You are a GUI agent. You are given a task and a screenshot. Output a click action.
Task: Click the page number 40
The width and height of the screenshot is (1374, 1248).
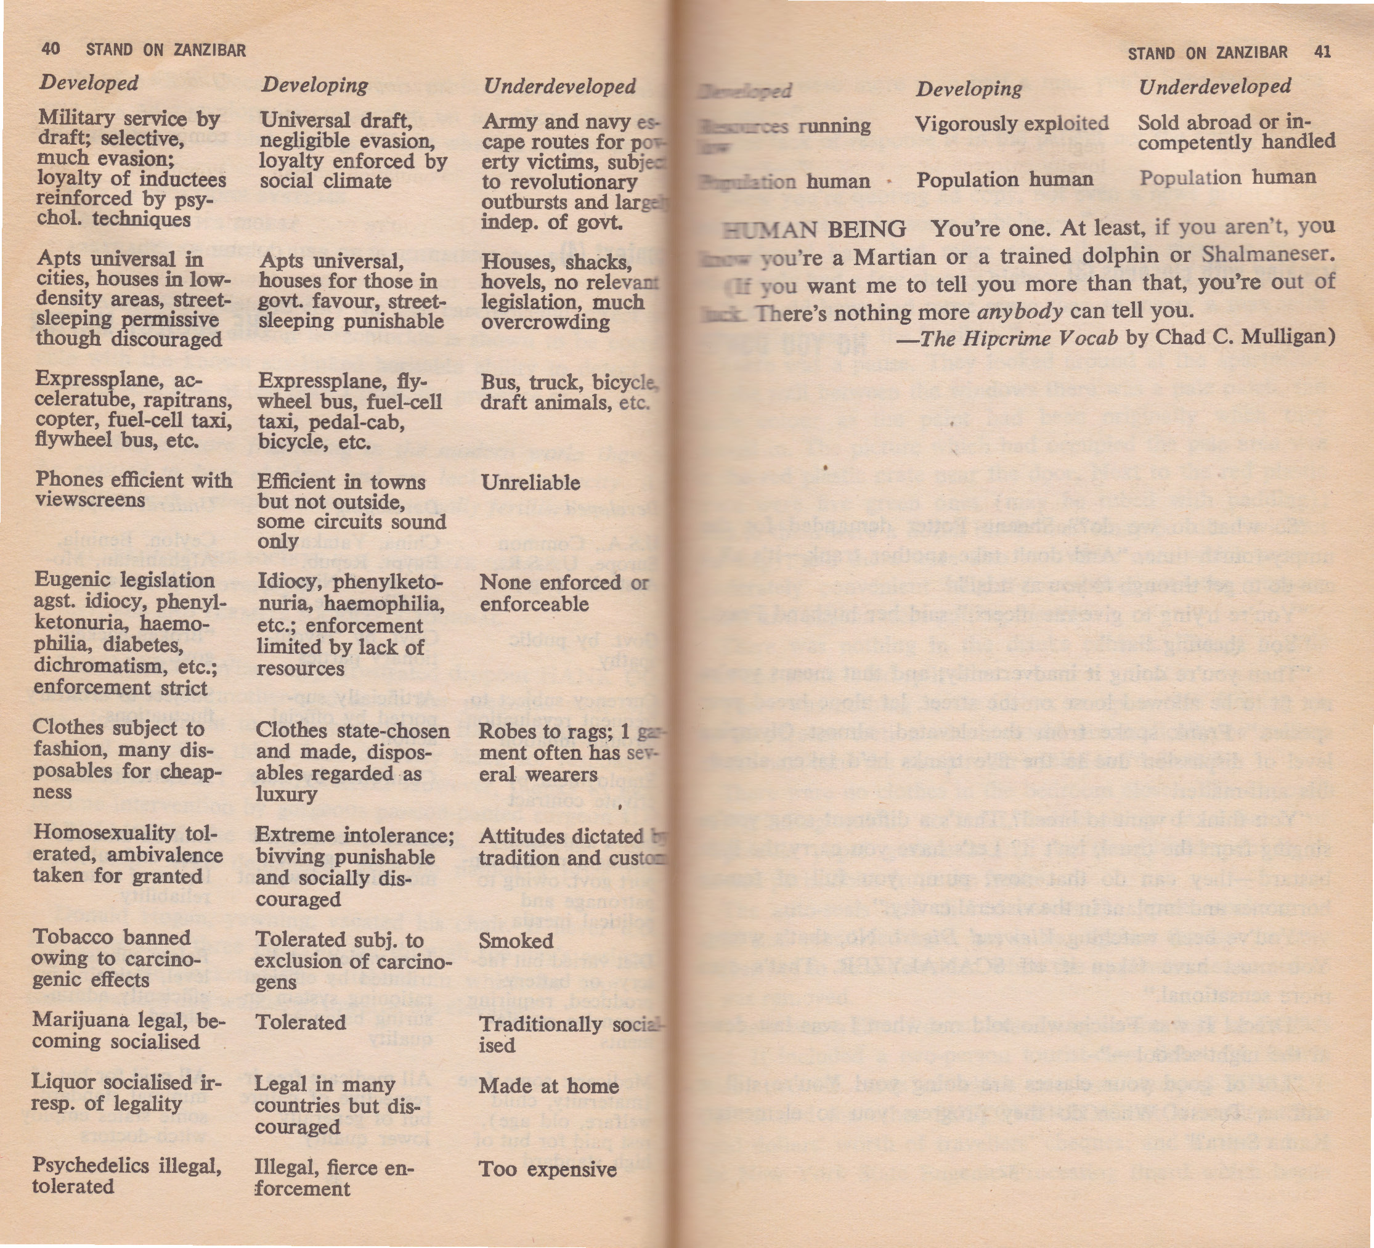[x=51, y=49]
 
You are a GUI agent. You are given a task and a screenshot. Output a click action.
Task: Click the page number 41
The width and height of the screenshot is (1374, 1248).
[x=1322, y=52]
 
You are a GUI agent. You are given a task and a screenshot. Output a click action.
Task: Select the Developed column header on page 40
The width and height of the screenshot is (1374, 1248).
[x=89, y=83]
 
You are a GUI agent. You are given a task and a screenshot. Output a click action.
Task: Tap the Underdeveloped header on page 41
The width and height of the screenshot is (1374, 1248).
[x=1214, y=86]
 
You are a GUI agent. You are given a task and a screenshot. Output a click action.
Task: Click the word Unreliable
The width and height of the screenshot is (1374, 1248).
[x=530, y=483]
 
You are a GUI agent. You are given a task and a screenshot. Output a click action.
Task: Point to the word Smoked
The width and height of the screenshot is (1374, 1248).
[x=516, y=941]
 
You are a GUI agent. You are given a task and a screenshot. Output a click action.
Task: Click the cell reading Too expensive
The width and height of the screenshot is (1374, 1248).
[x=547, y=1169]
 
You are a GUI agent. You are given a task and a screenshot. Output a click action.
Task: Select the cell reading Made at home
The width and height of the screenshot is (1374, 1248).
[x=548, y=1086]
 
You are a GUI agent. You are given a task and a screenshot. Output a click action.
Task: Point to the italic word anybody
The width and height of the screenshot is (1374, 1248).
[x=1019, y=311]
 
